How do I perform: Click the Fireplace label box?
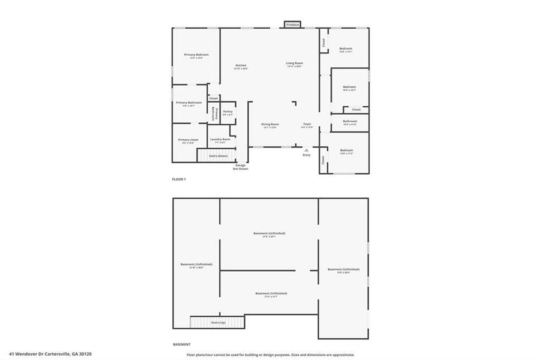(x=292, y=25)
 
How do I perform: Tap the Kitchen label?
(x=241, y=65)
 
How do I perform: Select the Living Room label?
(x=294, y=63)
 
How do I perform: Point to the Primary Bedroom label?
(x=196, y=55)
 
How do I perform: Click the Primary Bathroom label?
(x=189, y=103)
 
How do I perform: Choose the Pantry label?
(x=228, y=112)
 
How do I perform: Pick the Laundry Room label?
(x=220, y=139)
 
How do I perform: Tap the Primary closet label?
(x=188, y=140)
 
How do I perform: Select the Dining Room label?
(x=270, y=124)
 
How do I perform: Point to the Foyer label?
(x=307, y=124)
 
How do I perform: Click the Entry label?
(x=306, y=155)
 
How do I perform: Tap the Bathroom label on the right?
(x=350, y=121)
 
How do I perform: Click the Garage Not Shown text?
(x=241, y=167)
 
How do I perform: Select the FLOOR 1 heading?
(x=179, y=179)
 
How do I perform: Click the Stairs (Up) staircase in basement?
(x=218, y=322)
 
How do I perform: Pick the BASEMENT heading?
(x=181, y=344)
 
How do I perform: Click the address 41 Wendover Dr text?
(x=50, y=354)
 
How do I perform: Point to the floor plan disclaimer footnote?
(x=270, y=355)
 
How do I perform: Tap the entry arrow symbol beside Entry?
(x=306, y=149)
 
